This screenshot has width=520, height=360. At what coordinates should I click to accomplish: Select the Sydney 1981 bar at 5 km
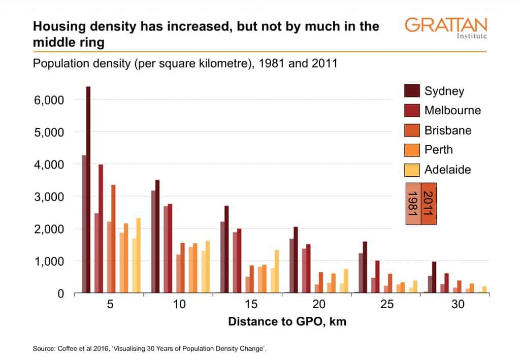[84, 224]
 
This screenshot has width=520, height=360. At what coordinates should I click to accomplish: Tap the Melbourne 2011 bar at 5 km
[101, 228]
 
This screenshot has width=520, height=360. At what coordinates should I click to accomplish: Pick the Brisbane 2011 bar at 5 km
[113, 239]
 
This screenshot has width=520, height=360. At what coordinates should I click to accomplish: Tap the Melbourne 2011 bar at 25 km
[377, 277]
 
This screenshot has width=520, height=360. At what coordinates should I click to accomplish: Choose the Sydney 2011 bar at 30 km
[434, 277]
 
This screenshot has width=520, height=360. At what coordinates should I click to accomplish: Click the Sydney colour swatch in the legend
[411, 91]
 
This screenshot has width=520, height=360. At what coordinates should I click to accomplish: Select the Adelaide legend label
[447, 169]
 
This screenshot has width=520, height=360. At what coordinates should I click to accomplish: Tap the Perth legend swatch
[411, 150]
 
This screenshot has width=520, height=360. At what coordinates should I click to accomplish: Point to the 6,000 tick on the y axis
[49, 100]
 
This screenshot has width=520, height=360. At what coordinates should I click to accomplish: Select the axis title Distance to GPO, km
[287, 321]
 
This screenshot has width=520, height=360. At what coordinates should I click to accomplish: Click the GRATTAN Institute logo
[446, 28]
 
